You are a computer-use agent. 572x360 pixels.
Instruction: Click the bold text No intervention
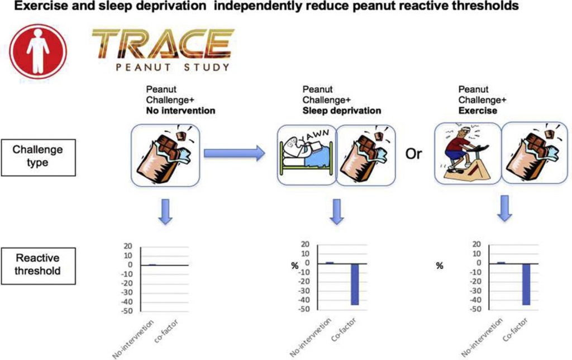pos(180,111)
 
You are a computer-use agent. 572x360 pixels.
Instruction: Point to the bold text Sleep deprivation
pos(341,111)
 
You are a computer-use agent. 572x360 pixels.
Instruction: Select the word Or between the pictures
pos(414,154)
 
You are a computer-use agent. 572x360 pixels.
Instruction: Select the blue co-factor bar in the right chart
pos(525,284)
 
